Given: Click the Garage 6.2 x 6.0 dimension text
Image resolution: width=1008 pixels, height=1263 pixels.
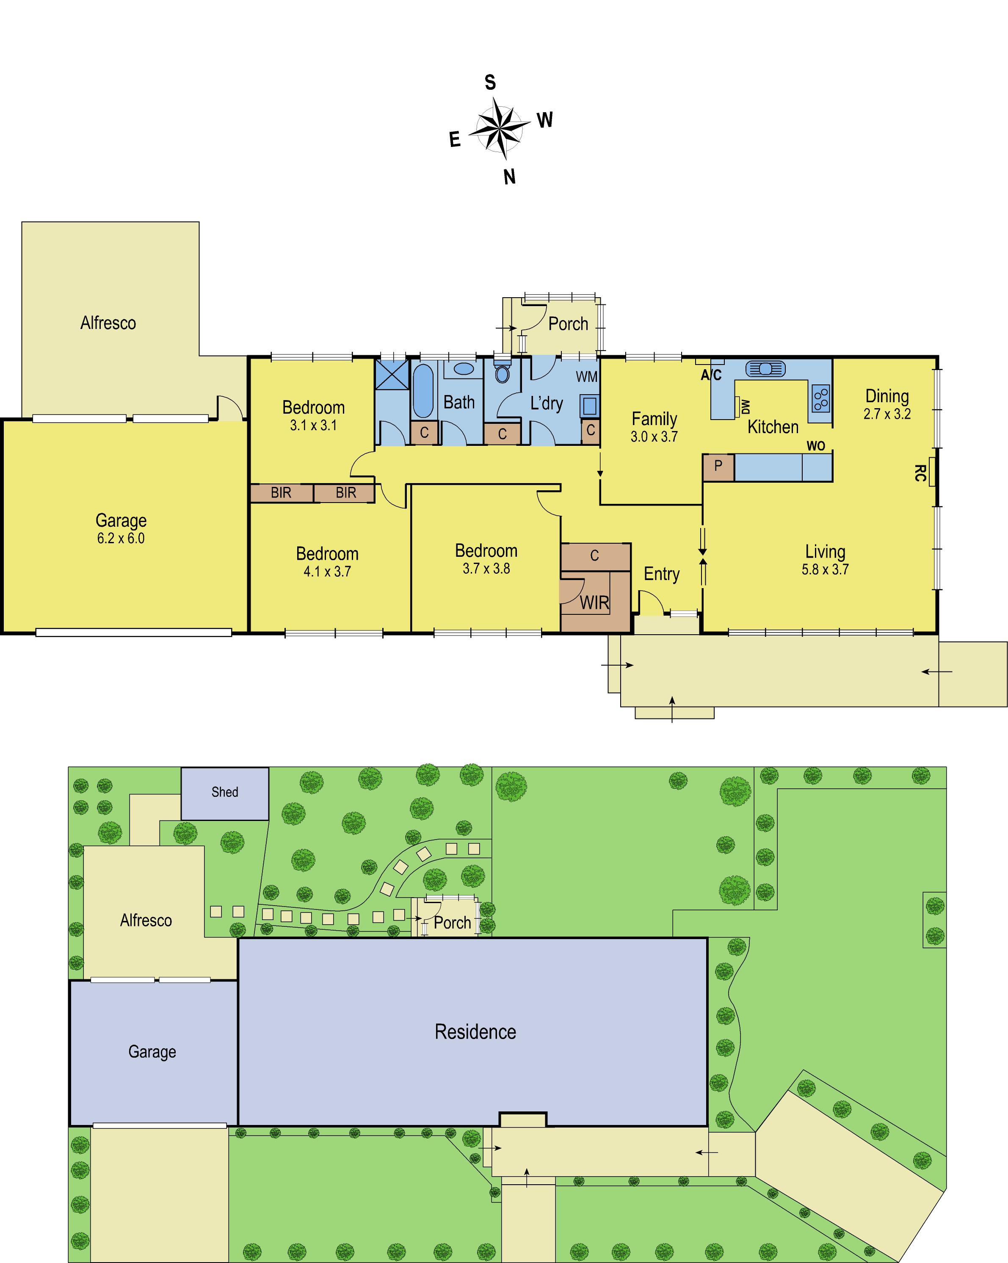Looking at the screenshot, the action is (121, 539).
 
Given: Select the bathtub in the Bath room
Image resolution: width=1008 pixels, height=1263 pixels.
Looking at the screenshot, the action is (423, 390).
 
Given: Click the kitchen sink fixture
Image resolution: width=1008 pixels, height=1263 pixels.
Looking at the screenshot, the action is (765, 368).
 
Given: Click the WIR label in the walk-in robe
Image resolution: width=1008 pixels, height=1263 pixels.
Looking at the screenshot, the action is (594, 603).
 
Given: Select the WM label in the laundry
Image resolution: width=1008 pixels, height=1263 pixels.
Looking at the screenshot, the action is (586, 377).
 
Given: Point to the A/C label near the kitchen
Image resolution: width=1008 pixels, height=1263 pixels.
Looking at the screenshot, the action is (711, 375).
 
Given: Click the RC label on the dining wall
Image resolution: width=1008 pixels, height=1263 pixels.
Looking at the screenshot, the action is (920, 473).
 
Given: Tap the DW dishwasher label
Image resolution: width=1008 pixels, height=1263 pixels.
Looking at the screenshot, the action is (745, 406).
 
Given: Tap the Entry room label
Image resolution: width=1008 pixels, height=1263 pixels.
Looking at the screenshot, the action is (661, 574).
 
